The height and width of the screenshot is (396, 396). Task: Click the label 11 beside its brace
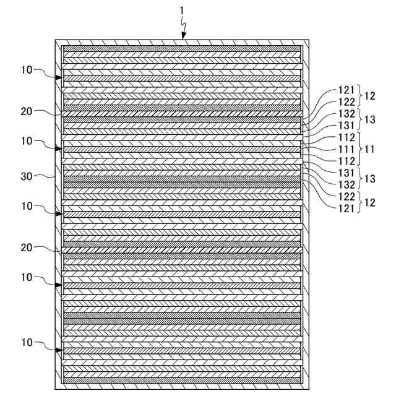click(x=369, y=149)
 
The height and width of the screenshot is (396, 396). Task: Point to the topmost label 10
click(x=27, y=71)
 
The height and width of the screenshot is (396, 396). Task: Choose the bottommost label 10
click(x=27, y=342)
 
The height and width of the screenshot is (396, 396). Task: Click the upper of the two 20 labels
click(x=27, y=111)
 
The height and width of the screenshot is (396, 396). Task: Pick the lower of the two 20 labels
click(x=27, y=247)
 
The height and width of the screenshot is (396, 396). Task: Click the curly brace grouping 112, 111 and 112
click(x=359, y=149)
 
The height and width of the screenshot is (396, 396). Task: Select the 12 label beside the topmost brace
click(x=369, y=96)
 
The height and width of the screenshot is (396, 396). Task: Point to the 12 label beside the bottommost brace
click(x=369, y=202)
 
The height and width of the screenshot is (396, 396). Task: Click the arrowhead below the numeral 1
click(x=184, y=37)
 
